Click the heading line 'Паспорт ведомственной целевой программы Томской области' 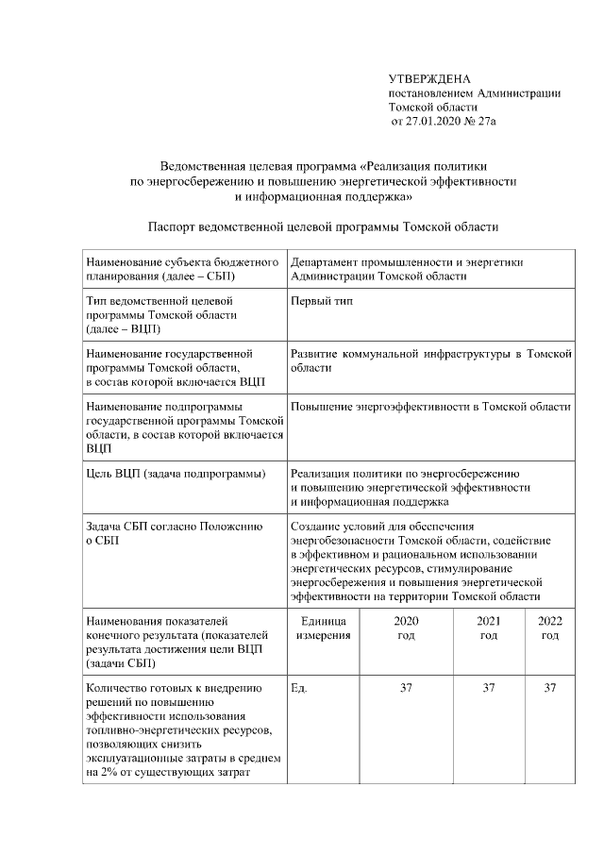(x=322, y=226)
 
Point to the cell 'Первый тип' (x=320, y=300)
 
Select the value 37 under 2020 (x=406, y=688)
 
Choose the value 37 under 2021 (x=489, y=688)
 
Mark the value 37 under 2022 (x=549, y=688)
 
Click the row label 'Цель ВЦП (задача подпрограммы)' (x=175, y=473)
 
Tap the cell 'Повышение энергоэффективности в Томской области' (x=431, y=406)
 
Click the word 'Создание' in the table (x=316, y=526)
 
